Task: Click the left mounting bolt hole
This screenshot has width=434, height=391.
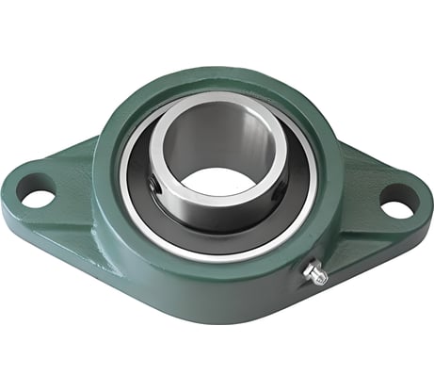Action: click(38, 198)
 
